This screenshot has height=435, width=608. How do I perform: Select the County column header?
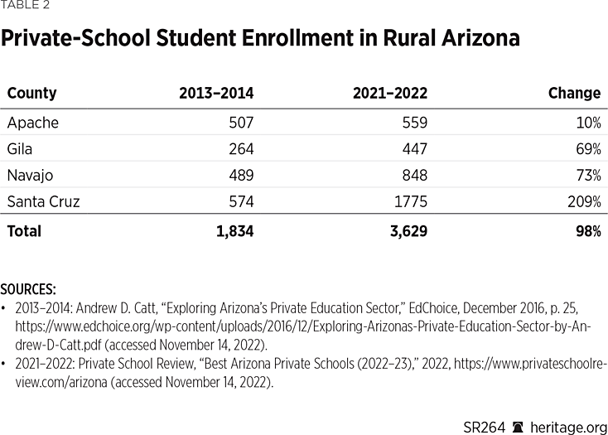32,94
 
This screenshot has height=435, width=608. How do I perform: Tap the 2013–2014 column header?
216,94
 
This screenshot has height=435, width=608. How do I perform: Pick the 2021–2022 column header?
390,94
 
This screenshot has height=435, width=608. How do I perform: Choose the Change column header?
574,94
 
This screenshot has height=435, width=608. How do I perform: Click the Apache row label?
33,123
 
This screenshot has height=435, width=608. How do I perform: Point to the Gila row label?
21,149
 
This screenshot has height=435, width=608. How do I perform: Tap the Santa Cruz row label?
43,202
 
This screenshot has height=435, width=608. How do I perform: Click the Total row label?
24,231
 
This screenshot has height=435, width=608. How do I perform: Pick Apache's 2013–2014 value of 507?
241,123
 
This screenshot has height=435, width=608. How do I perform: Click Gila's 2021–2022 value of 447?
414,149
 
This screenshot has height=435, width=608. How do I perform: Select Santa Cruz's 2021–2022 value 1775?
411,202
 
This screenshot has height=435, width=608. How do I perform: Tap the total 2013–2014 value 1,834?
235,231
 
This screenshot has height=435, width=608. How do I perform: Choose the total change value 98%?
589,231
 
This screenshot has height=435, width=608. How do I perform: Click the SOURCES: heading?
28,289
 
